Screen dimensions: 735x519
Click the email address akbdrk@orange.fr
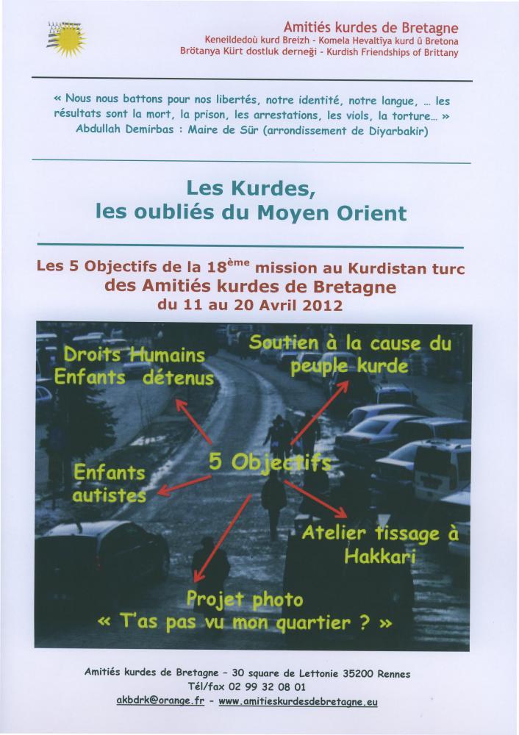coord(160,700)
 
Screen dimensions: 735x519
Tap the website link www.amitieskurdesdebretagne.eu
coord(298,701)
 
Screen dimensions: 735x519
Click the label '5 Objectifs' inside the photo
coord(269,462)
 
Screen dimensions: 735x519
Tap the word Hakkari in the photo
coord(379,556)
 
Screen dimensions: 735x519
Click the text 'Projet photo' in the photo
coord(244,600)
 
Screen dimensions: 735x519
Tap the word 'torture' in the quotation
coord(425,115)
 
